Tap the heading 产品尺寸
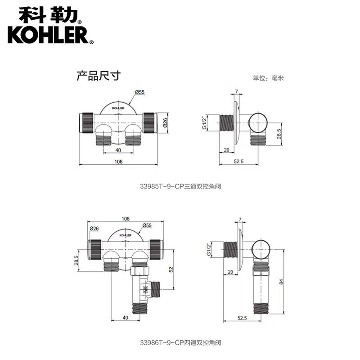pyautogui.click(x=99, y=76)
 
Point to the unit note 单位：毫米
pyautogui.click(x=268, y=78)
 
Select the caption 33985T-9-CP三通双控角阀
pyautogui.click(x=180, y=186)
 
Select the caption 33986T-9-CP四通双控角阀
pyautogui.click(x=180, y=343)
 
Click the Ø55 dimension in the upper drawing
pyautogui.click(x=140, y=92)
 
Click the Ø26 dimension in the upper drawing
pyautogui.click(x=165, y=122)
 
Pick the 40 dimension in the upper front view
pyautogui.click(x=118, y=150)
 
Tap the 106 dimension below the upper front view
pyautogui.click(x=118, y=162)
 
